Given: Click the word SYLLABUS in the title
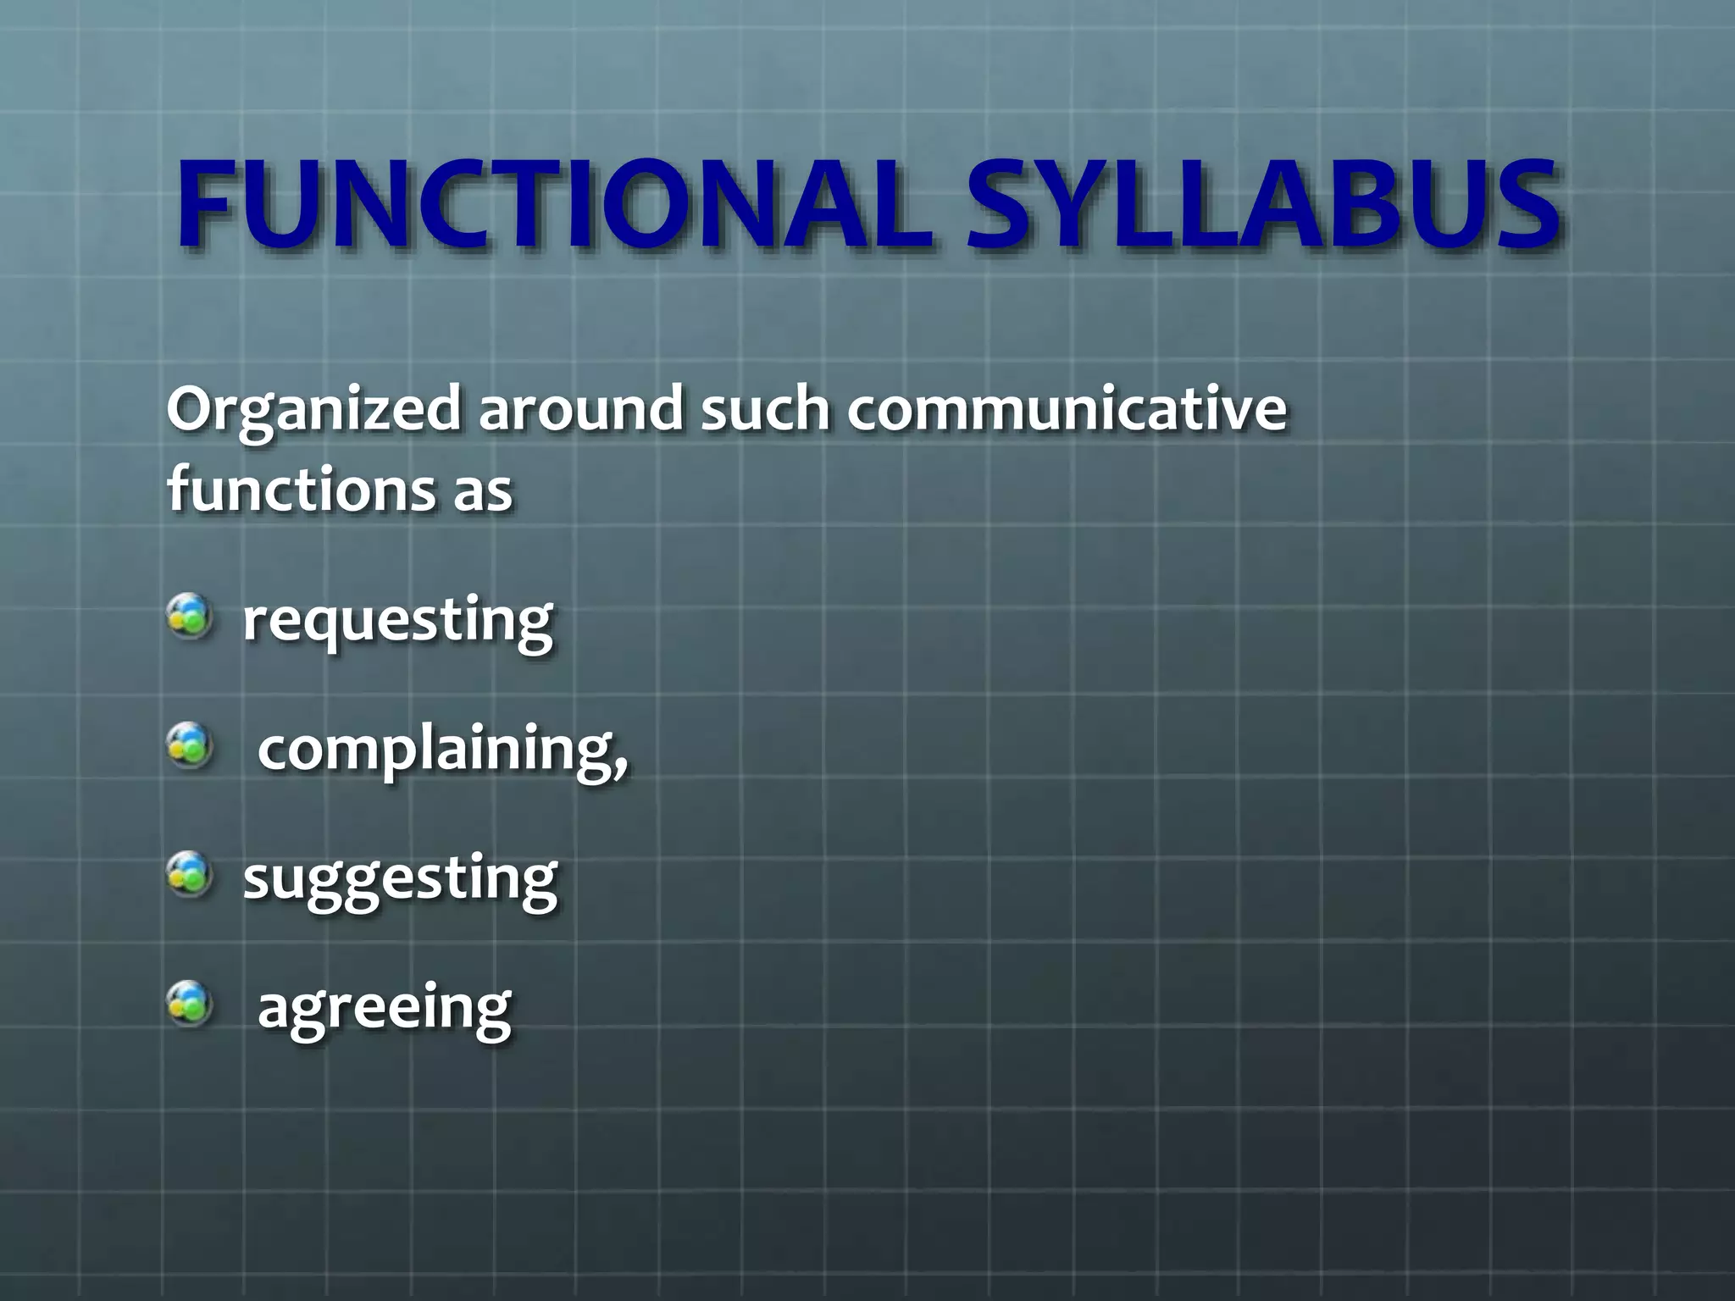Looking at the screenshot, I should pos(1262,206).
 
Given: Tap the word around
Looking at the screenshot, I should pos(580,408).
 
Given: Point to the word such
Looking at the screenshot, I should pos(765,408).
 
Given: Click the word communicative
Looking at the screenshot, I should pos(1067,408).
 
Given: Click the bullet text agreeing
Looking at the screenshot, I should pos(384,1008).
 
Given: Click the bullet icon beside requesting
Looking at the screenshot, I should pos(189,617).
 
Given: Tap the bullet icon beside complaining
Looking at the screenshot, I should pos(189,745).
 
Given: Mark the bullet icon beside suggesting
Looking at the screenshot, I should pos(189,874).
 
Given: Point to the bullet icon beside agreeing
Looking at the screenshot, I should pos(189,1004).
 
